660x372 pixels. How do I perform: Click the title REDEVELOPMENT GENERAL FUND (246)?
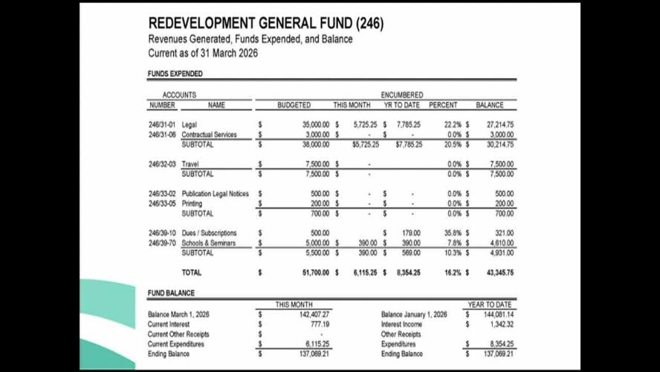266,24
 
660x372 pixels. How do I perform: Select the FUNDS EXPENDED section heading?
175,74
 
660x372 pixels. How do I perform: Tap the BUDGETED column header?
294,105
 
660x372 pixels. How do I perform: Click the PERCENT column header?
443,105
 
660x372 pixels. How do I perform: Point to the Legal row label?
190,124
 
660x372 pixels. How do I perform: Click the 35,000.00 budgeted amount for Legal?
316,124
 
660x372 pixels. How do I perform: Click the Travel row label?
191,164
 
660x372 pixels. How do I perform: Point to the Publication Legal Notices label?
216,193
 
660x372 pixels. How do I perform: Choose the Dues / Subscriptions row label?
209,233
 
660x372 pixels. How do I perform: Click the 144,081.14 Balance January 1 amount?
496,314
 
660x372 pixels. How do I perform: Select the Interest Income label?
401,324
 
